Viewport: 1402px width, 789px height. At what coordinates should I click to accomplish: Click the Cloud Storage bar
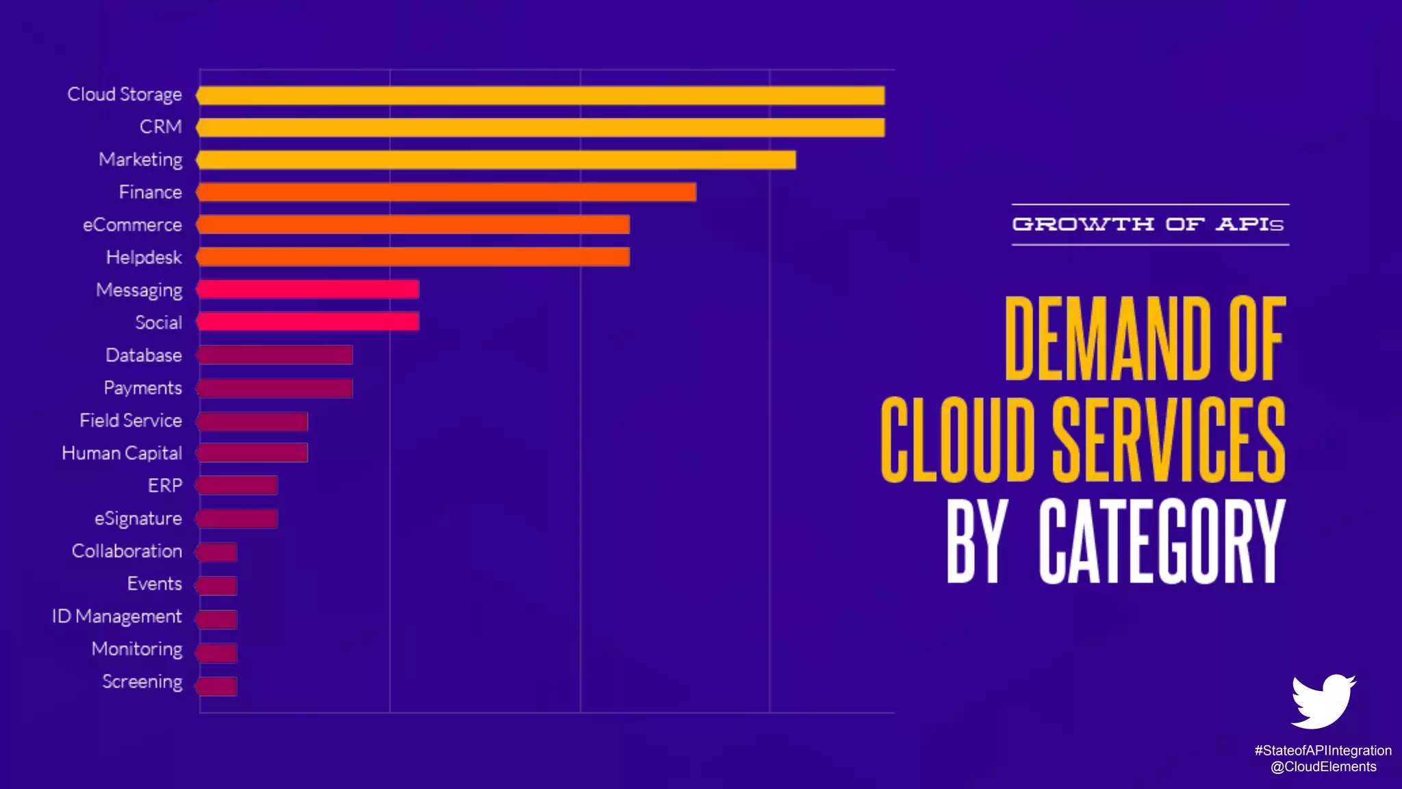point(541,95)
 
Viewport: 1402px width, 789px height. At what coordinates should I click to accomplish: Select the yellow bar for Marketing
point(496,160)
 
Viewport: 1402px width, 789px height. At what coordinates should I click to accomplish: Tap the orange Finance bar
point(446,192)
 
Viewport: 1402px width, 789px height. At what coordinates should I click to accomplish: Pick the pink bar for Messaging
point(308,290)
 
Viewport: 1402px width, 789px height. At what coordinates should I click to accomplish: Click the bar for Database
point(275,355)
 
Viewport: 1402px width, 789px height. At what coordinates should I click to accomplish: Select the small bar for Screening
point(217,686)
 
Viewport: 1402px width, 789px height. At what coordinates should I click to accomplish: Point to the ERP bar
point(238,486)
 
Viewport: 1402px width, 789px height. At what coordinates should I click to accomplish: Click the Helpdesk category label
point(144,258)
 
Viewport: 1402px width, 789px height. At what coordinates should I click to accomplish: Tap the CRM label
point(161,127)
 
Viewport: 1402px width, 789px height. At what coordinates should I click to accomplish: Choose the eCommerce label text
point(132,225)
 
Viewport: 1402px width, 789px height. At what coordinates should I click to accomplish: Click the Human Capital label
point(122,453)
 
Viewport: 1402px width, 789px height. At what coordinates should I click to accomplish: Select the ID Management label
point(117,616)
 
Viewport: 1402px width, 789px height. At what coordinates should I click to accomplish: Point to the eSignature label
point(138,518)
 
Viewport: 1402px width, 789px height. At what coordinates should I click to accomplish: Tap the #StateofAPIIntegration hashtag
point(1323,751)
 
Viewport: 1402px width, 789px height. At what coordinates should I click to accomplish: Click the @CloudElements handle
point(1323,767)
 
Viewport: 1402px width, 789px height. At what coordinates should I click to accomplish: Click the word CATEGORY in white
point(1161,541)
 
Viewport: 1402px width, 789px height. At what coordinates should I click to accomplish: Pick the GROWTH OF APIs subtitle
point(1149,224)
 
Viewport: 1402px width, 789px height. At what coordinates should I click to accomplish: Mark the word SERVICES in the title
point(1168,440)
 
